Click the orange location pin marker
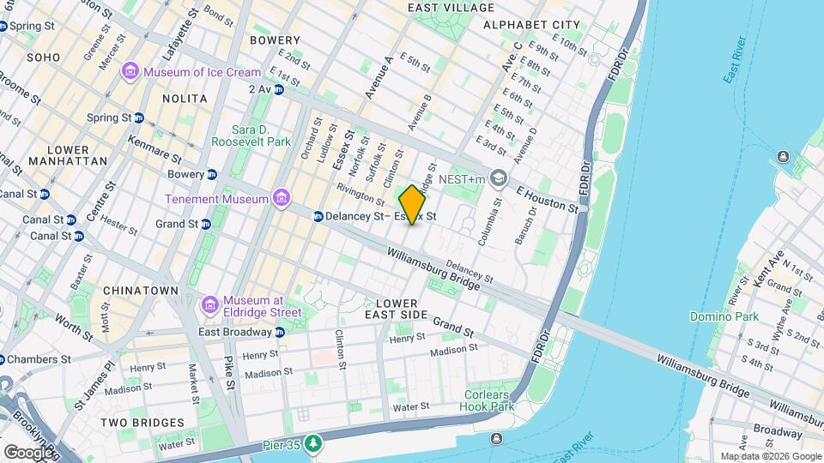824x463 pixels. click(x=412, y=205)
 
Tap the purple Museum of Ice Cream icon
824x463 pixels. click(x=130, y=71)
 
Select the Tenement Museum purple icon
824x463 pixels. click(x=281, y=199)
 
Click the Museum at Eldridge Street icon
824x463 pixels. click(x=209, y=306)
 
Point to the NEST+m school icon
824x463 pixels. click(x=499, y=178)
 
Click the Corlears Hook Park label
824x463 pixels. click(x=488, y=400)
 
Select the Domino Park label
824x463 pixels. click(x=724, y=316)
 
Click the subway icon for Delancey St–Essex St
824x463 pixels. click(x=318, y=217)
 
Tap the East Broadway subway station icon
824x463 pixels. click(x=280, y=332)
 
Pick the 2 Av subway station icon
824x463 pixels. click(x=279, y=89)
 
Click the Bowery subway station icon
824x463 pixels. click(x=211, y=174)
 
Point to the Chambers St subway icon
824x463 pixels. click(x=3, y=358)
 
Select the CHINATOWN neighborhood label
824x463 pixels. click(x=140, y=291)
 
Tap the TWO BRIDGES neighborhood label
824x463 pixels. click(x=142, y=423)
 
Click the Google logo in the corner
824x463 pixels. click(x=28, y=452)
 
